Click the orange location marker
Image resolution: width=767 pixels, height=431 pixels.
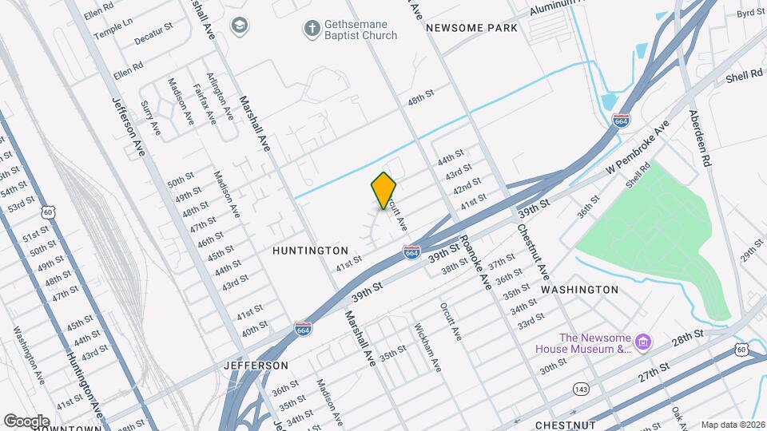point(384,190)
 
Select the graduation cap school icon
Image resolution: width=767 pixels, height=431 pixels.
point(238,26)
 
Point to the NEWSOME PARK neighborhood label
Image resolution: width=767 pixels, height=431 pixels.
point(471,28)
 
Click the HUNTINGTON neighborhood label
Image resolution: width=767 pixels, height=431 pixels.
point(311,251)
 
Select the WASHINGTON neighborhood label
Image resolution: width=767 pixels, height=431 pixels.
point(580,290)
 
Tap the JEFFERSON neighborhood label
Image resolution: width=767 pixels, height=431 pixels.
point(256,365)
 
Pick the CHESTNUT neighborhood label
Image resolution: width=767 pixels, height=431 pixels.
point(567,424)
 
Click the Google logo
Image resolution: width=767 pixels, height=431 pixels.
point(27,421)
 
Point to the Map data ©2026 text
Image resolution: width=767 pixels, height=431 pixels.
point(732,425)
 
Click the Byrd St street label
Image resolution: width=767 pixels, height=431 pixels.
point(750,14)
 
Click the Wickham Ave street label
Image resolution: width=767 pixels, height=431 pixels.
point(427,347)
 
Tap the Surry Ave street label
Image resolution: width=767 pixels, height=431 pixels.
point(151,117)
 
